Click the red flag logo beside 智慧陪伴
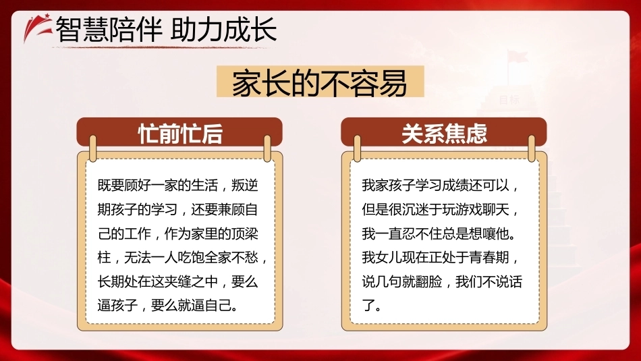[x=38, y=28]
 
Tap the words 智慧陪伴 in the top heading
[x=108, y=30]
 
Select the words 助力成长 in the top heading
[x=223, y=30]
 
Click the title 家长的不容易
[x=320, y=82]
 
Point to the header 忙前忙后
[x=180, y=134]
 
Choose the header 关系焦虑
[x=445, y=134]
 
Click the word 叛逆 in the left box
[x=244, y=185]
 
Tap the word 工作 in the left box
[x=138, y=233]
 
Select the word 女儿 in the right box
[x=389, y=258]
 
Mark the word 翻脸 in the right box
[x=429, y=281]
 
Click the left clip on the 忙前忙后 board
[x=93, y=148]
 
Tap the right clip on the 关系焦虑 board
[x=532, y=148]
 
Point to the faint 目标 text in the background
[x=509, y=99]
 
